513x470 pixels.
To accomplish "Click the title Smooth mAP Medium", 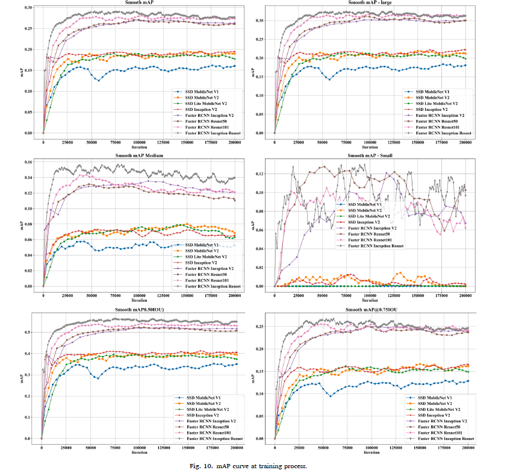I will click(138, 155).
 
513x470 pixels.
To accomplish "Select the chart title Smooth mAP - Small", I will click(370, 155).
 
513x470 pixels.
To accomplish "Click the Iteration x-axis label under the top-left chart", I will click(138, 148).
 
